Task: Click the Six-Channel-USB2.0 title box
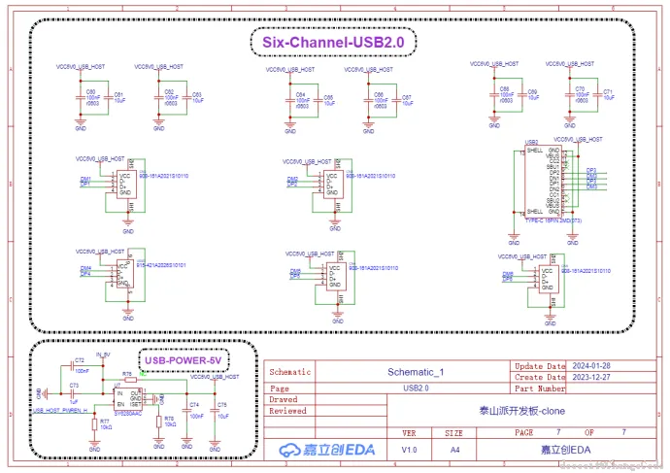tap(333, 43)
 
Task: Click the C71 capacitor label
tap(609, 90)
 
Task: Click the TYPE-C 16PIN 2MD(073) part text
tap(551, 220)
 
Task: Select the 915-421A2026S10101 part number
tap(161, 264)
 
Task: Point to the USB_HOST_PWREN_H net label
tap(61, 411)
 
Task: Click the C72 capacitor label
tap(79, 360)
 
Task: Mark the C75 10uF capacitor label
tap(222, 403)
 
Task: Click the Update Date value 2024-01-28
tap(591, 366)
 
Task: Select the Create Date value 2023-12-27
tap(591, 377)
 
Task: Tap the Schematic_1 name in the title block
tap(415, 371)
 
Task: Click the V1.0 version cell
tap(409, 449)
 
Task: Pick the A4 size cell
tap(453, 449)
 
